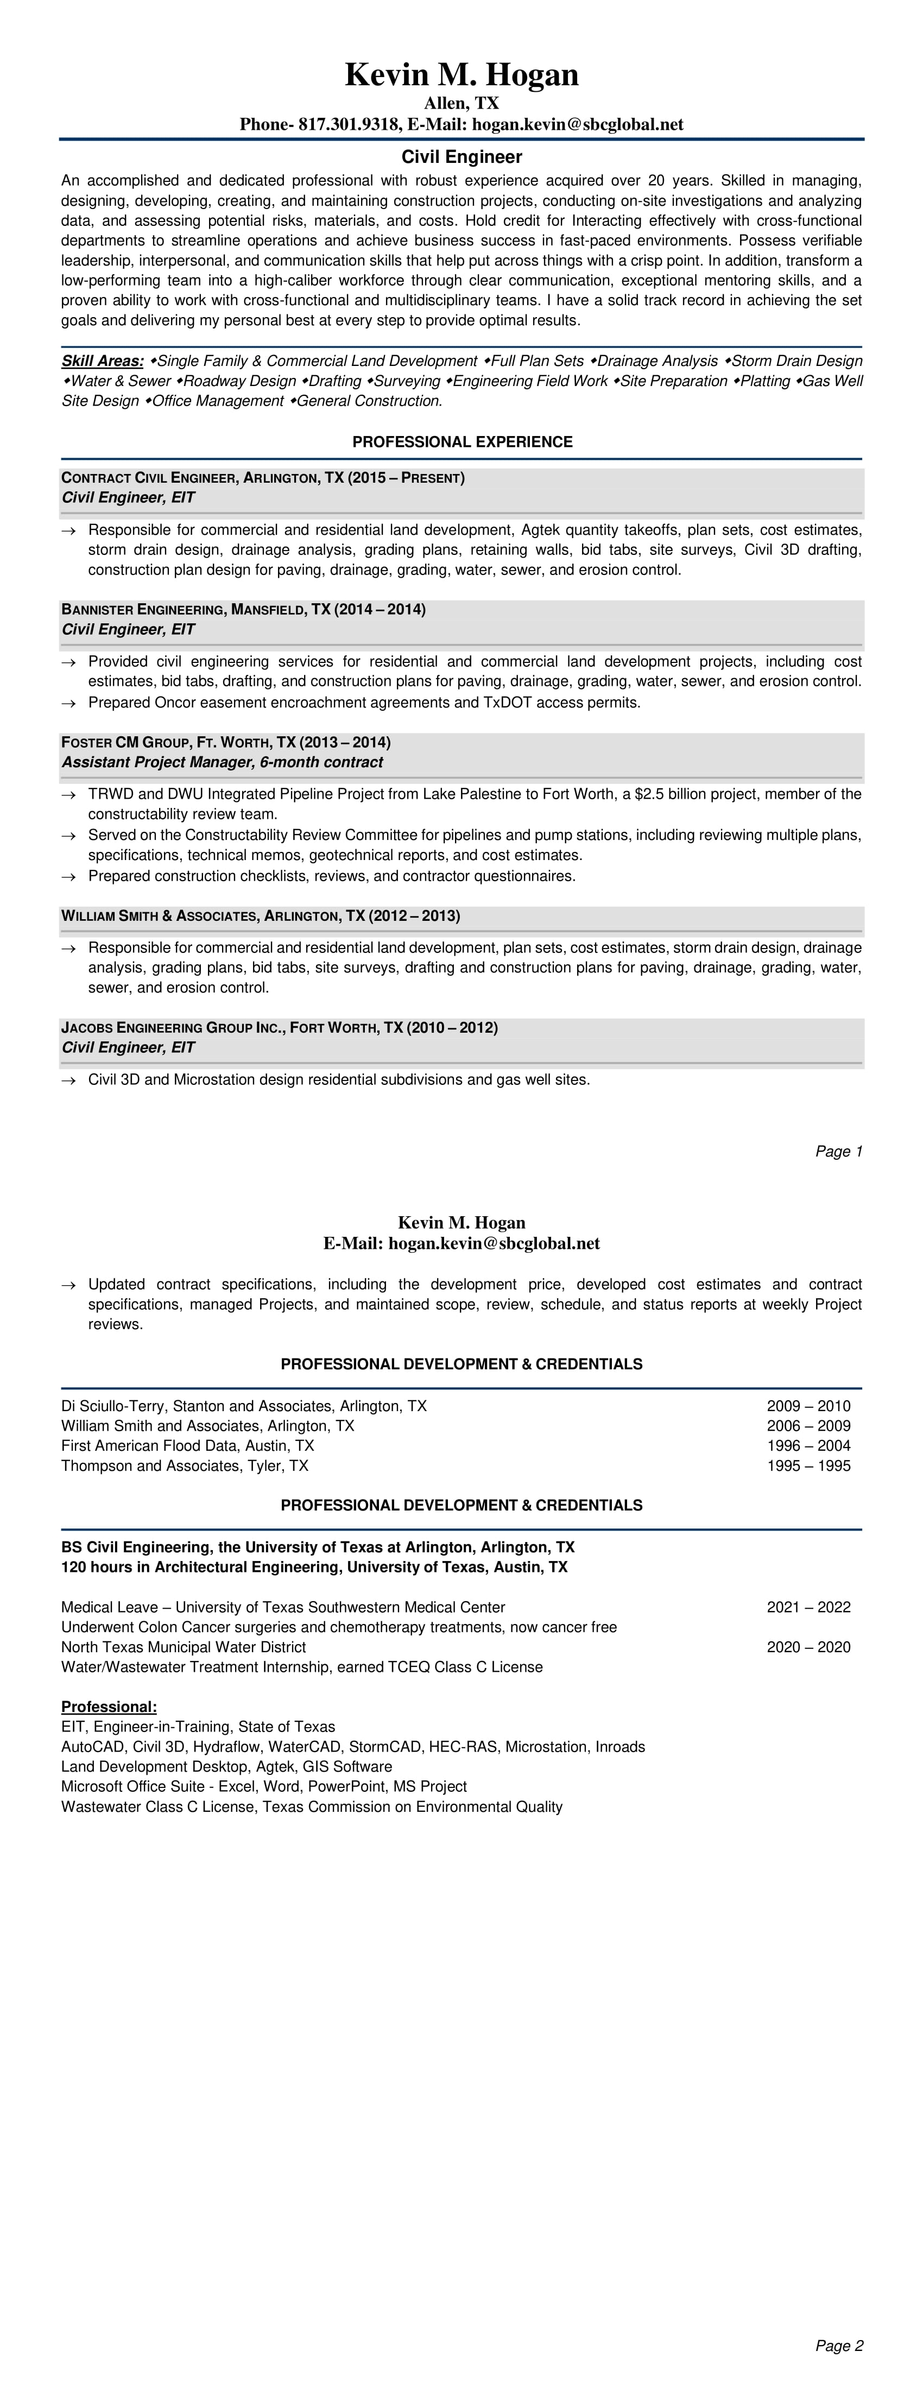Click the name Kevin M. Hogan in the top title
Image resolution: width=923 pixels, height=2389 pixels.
click(461, 75)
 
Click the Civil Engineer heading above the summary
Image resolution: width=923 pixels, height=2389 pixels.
click(461, 157)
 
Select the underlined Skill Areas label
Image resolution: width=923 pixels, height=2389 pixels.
click(102, 361)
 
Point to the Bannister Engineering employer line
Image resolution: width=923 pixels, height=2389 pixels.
click(243, 609)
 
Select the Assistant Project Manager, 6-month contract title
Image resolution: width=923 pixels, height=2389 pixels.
click(222, 762)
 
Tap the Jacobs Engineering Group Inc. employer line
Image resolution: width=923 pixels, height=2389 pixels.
click(279, 1028)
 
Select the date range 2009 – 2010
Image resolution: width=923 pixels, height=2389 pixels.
click(808, 1406)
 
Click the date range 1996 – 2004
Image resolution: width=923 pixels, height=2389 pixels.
click(808, 1446)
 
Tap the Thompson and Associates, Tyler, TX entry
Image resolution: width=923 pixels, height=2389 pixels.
click(185, 1466)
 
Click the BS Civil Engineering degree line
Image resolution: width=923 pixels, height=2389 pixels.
click(317, 1547)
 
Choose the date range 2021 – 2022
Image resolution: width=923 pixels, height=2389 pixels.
click(808, 1607)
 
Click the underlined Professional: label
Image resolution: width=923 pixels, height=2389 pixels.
click(109, 1708)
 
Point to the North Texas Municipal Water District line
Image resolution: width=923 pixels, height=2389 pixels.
click(184, 1647)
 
